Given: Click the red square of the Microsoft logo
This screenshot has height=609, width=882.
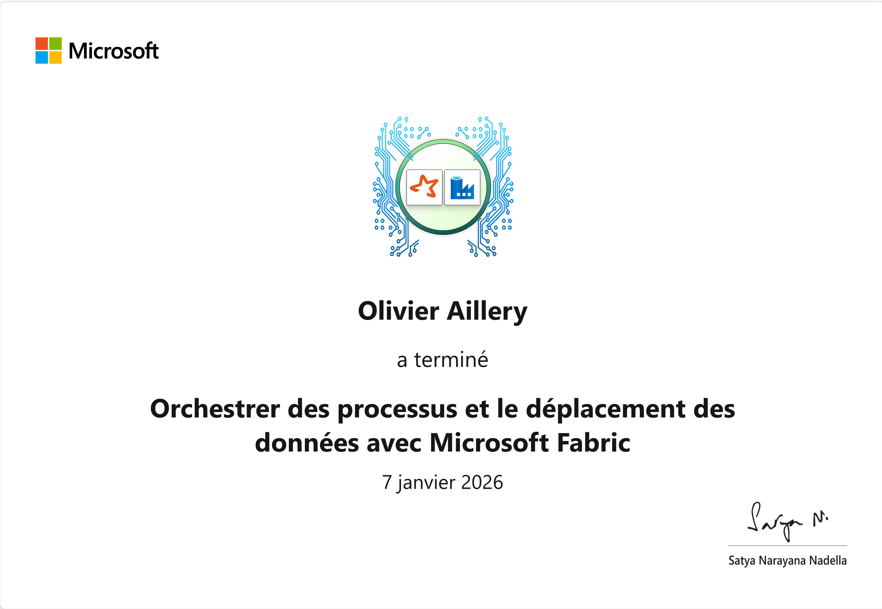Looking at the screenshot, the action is [41, 44].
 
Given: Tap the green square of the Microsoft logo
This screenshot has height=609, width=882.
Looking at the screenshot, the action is [55, 44].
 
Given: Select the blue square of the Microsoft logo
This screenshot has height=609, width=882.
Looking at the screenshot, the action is [41, 57].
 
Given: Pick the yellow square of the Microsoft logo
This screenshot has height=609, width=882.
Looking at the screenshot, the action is [55, 57].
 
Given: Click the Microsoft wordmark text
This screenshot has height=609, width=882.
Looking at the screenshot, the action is [114, 51].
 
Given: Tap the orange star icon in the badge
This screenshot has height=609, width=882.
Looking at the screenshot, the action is [424, 187].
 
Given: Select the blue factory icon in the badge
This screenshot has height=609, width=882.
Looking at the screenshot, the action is [462, 188].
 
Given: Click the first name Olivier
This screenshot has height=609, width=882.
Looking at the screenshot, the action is [398, 311].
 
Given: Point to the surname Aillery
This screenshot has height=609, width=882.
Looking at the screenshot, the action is [487, 312].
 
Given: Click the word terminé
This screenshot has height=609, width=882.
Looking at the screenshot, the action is [451, 359].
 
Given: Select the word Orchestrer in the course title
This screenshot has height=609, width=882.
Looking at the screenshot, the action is [215, 409].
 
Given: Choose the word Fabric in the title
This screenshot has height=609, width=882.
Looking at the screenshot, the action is [594, 443].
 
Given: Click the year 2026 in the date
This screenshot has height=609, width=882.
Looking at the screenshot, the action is [482, 482].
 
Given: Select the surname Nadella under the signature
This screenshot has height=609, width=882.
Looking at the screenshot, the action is [828, 560].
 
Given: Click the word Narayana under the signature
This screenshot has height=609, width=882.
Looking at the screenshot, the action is [782, 561].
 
